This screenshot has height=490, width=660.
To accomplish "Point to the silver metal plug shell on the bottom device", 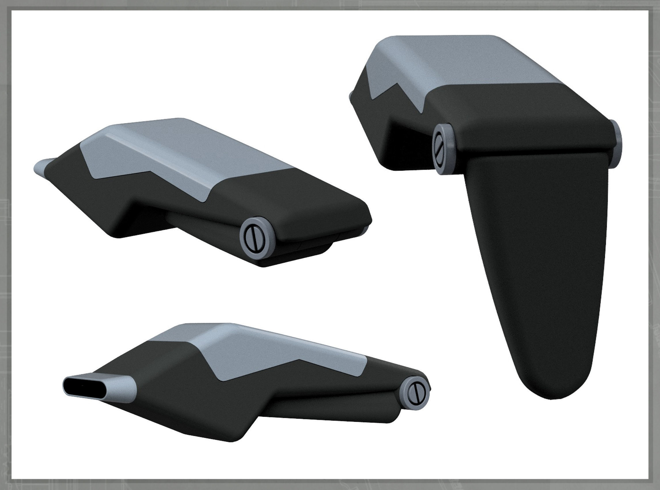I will pos(119,389).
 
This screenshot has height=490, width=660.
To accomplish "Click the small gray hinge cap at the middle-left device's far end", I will pos(365,229).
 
